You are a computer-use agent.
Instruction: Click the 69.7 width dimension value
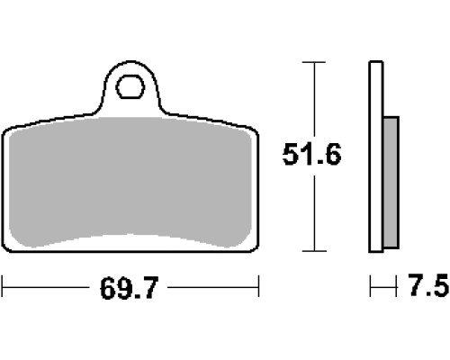coord(129,288)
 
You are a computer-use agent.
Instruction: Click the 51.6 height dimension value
coord(312,154)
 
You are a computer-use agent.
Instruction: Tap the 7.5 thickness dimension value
coord(428,285)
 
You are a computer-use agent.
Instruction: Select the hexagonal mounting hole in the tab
coord(130,87)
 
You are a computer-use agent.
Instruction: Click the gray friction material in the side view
coord(391,183)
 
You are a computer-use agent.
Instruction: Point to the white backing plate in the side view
coord(376,157)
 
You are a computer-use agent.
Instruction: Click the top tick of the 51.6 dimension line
coord(314,62)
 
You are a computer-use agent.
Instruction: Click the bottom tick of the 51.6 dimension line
coord(314,251)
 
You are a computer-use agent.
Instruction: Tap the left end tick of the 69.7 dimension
coord(3,286)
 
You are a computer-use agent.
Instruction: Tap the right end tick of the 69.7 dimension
coord(258,286)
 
